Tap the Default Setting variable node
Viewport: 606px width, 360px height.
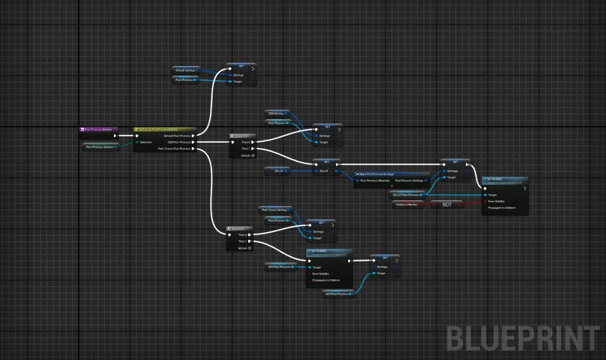pyautogui.click(x=185, y=70)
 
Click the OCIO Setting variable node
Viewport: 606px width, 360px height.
pyautogui.click(x=276, y=113)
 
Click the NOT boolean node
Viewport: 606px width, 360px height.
pyautogui.click(x=447, y=204)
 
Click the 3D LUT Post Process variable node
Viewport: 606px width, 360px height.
pyautogui.click(x=406, y=195)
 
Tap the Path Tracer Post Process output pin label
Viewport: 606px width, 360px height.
pyautogui.click(x=174, y=149)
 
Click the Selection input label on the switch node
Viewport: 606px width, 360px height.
pyautogui.click(x=146, y=142)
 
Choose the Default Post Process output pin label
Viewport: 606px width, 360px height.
pyautogui.click(x=177, y=136)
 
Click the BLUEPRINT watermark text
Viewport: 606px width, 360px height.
pyautogui.click(x=522, y=338)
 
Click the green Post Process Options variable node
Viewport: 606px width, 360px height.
pyautogui.click(x=100, y=147)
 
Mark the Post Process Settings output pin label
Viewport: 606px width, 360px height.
pyautogui.click(x=409, y=181)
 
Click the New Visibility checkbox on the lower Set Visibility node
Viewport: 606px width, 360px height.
pyautogui.click(x=331, y=274)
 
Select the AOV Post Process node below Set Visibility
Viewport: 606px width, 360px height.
pyautogui.click(x=338, y=294)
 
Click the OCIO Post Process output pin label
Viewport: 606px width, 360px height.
pyautogui.click(x=178, y=142)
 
